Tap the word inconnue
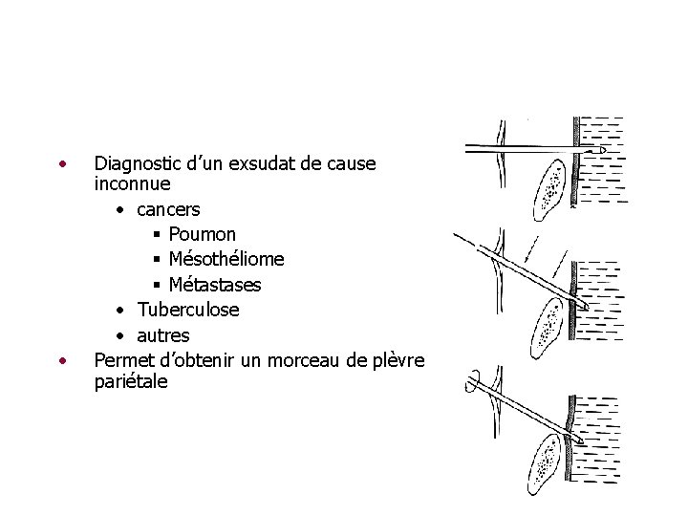pos(133,183)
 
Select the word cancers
pos(169,208)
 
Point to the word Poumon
pos(203,234)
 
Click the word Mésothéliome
pos(226,259)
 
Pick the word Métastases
pos(215,285)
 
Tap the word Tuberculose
pos(188,310)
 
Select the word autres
pos(163,335)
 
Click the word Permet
pos(121,360)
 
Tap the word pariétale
pos(131,381)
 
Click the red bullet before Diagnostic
pos(62,162)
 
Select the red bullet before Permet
pos(62,360)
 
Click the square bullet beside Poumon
pos(157,234)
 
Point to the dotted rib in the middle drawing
pos(548,325)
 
